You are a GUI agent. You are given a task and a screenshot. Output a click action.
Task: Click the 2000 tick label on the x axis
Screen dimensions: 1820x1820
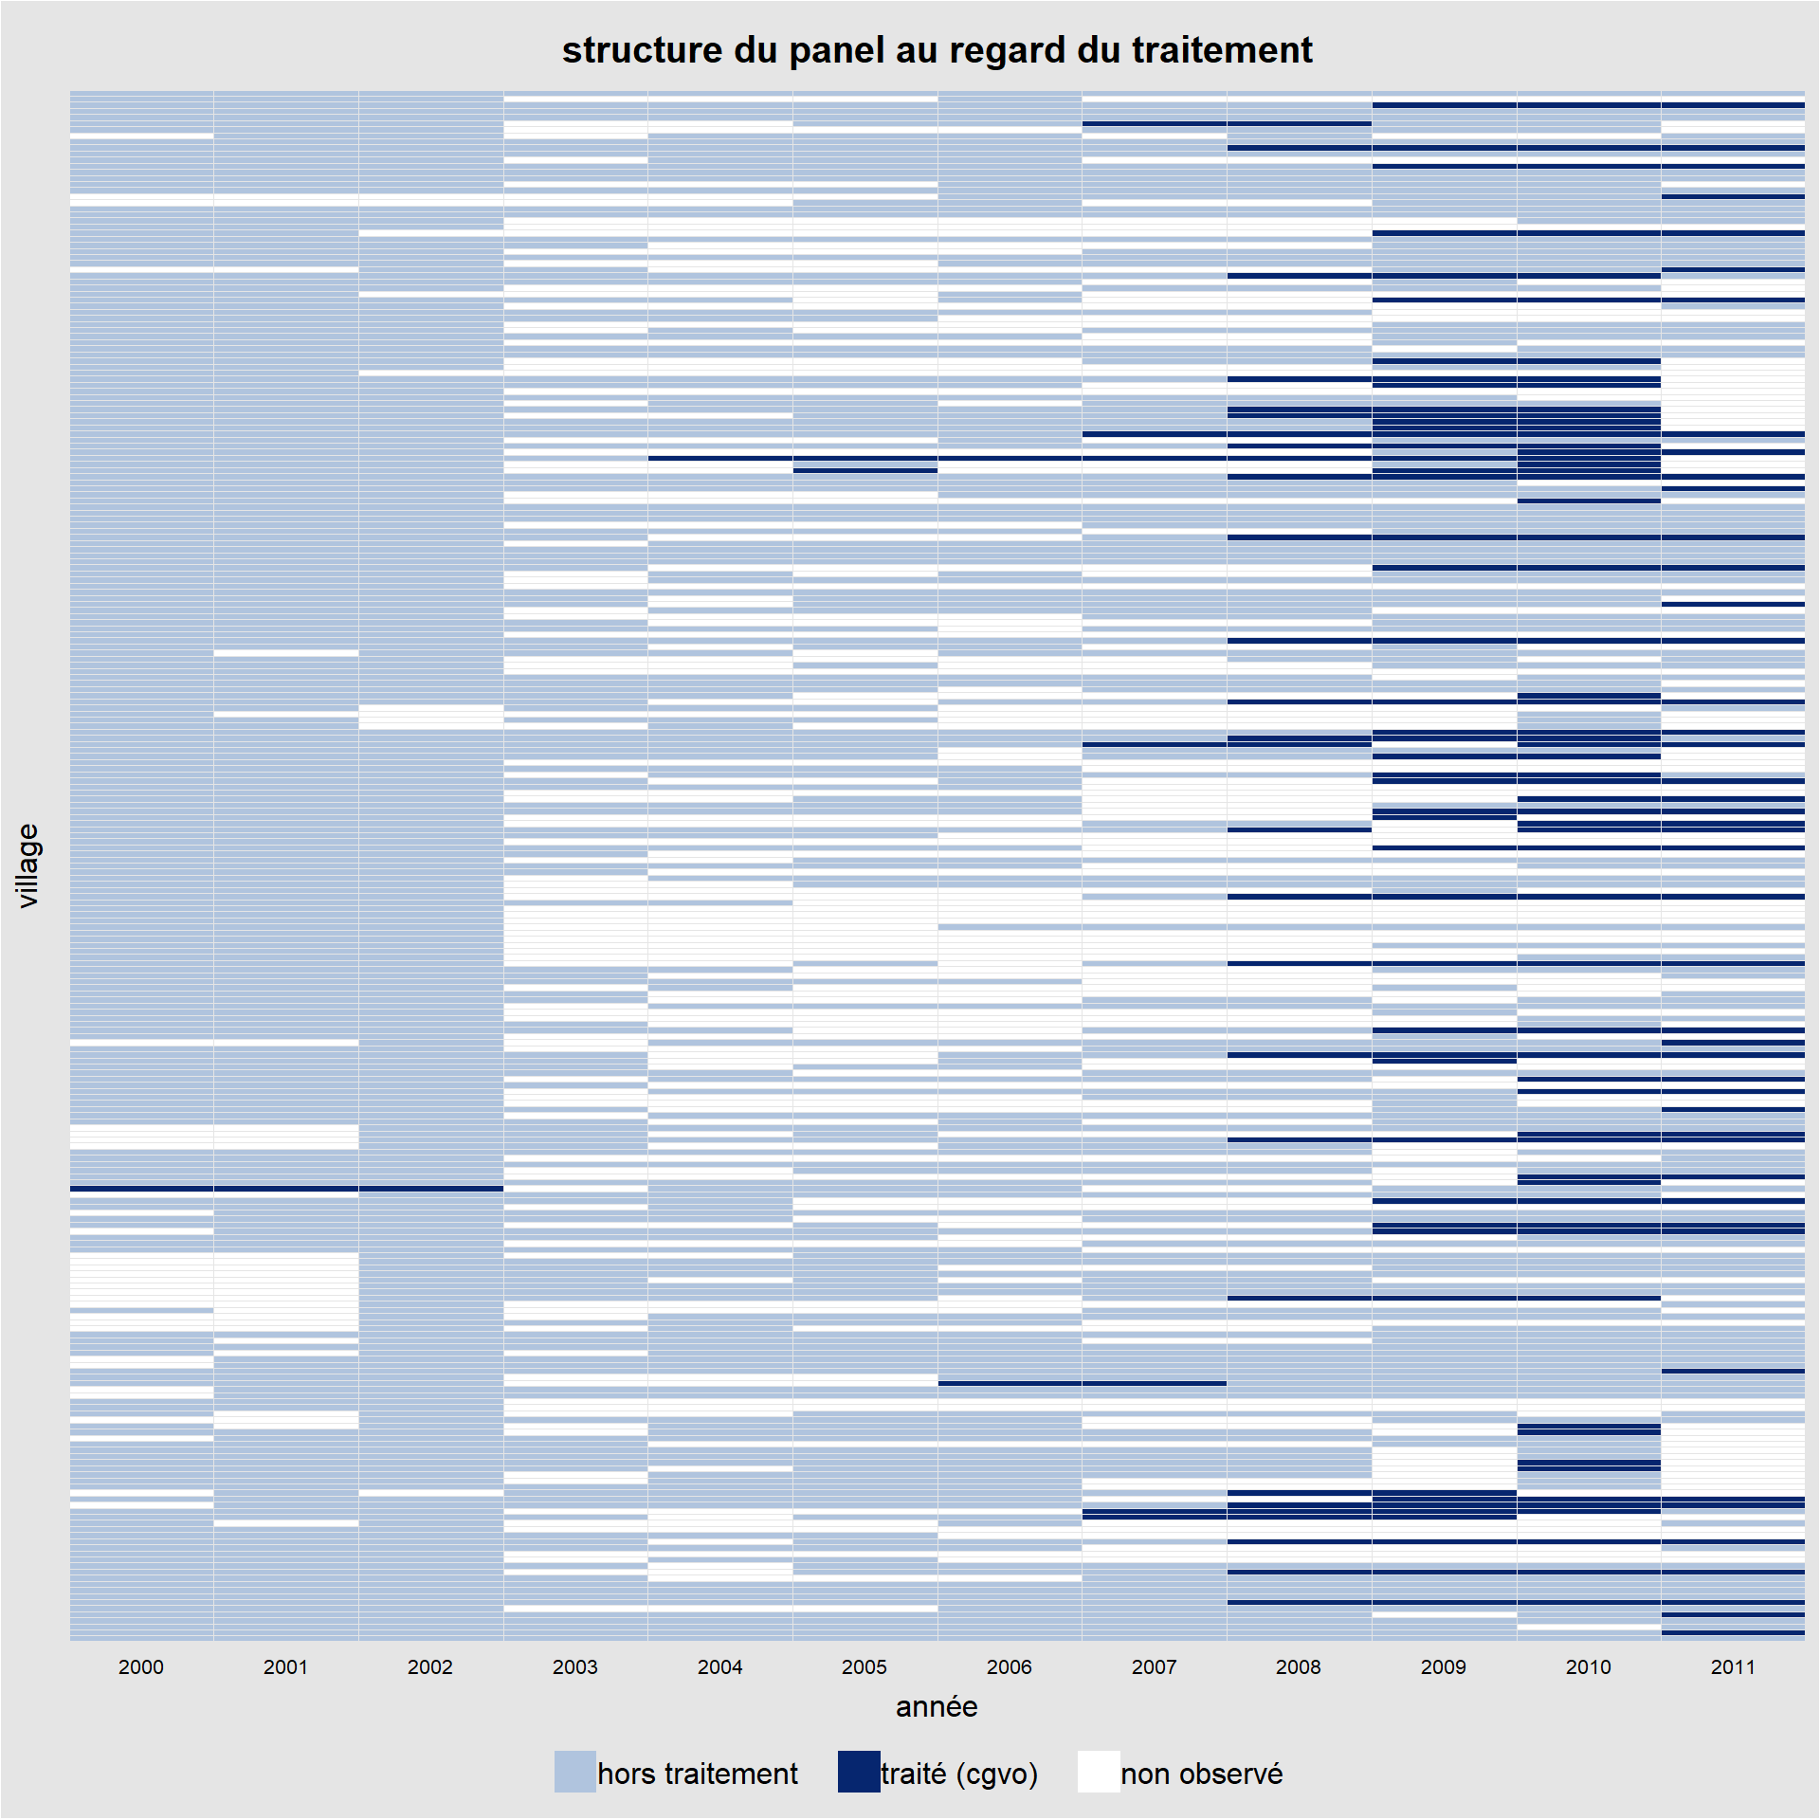[141, 1666]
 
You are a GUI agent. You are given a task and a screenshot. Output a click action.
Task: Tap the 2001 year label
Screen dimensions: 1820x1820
[285, 1666]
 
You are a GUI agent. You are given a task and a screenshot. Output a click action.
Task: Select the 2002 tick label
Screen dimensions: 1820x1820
[430, 1666]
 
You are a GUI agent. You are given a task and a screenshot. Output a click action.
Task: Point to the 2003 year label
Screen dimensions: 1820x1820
[575, 1666]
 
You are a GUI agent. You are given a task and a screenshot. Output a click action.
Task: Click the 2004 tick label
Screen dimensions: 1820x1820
[720, 1666]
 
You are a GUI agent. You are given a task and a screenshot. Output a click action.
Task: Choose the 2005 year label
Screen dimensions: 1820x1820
[864, 1666]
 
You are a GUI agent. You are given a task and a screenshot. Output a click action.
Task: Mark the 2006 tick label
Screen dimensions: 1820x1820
[1010, 1666]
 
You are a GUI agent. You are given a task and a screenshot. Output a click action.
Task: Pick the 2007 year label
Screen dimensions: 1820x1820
[1155, 1666]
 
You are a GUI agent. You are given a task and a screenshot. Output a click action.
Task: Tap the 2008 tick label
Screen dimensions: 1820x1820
[1299, 1666]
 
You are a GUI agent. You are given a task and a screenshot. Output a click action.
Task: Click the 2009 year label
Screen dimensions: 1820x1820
[1444, 1666]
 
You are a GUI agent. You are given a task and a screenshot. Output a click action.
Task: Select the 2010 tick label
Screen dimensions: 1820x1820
[1589, 1666]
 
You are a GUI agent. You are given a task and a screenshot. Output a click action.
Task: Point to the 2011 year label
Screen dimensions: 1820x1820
[1733, 1666]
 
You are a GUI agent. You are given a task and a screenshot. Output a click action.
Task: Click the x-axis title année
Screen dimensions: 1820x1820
[937, 1707]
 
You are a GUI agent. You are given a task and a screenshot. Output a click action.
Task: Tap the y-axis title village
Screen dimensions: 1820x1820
[27, 865]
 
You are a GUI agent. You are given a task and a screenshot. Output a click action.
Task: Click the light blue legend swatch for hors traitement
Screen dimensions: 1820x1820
[575, 1772]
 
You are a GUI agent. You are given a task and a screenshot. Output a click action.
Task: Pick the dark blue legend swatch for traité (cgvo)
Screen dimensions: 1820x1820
[859, 1772]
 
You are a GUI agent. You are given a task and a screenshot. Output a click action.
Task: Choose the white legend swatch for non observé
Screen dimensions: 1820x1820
[1099, 1772]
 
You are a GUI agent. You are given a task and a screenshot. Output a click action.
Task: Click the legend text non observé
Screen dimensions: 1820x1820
[1202, 1774]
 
